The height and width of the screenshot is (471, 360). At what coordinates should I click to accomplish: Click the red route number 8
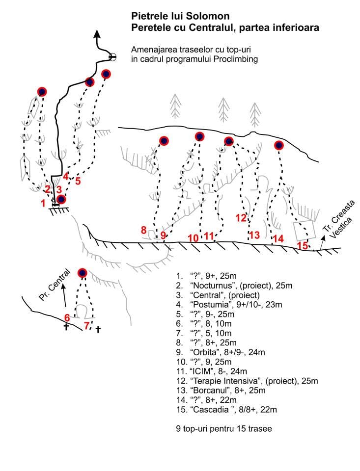[144, 230]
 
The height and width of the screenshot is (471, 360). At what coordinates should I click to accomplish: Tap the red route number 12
[241, 218]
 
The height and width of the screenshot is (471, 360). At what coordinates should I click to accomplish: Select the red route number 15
[303, 245]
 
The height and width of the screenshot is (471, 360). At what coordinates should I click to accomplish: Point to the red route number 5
[78, 181]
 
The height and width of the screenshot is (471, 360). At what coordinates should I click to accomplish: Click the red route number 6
[67, 317]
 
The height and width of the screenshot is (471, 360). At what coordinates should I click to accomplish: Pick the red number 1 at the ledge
[43, 203]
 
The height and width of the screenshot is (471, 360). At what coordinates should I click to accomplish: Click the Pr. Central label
[55, 285]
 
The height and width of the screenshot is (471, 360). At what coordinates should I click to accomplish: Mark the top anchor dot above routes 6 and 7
[82, 273]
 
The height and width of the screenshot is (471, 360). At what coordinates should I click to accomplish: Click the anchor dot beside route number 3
[61, 200]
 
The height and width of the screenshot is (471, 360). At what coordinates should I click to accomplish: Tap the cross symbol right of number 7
[98, 330]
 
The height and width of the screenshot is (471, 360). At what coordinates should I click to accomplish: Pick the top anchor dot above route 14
[279, 145]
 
